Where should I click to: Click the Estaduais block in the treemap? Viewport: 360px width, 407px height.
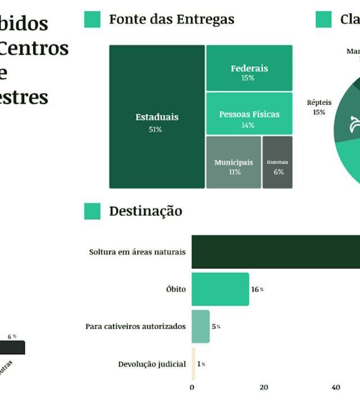click(157, 117)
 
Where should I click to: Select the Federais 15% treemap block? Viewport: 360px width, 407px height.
click(249, 69)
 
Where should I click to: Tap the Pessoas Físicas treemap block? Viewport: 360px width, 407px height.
click(249, 114)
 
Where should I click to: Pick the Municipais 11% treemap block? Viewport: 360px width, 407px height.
click(233, 163)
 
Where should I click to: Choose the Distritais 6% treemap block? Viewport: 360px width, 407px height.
click(277, 163)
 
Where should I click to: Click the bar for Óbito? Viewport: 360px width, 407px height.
click(220, 289)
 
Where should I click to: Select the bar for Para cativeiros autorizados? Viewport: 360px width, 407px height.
click(200, 327)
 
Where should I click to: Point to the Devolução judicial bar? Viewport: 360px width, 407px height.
click(193, 364)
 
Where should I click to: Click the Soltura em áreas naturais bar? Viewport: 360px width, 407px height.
click(276, 252)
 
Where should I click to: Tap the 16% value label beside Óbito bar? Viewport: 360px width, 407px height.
click(257, 289)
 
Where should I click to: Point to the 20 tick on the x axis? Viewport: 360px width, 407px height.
click(264, 387)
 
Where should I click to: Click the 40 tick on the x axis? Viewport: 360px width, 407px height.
click(336, 387)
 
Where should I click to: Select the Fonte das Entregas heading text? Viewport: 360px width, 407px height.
click(172, 19)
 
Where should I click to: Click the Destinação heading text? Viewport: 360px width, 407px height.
click(146, 211)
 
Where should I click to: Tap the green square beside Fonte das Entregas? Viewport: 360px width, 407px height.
click(92, 19)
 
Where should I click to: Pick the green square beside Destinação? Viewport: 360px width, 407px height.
click(92, 211)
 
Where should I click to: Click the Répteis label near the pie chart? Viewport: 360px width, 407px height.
click(319, 103)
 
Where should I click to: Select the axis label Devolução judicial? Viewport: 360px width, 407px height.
click(152, 364)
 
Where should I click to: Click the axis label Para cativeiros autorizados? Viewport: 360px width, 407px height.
click(136, 327)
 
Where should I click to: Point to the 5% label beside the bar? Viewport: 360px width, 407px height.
click(216, 327)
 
